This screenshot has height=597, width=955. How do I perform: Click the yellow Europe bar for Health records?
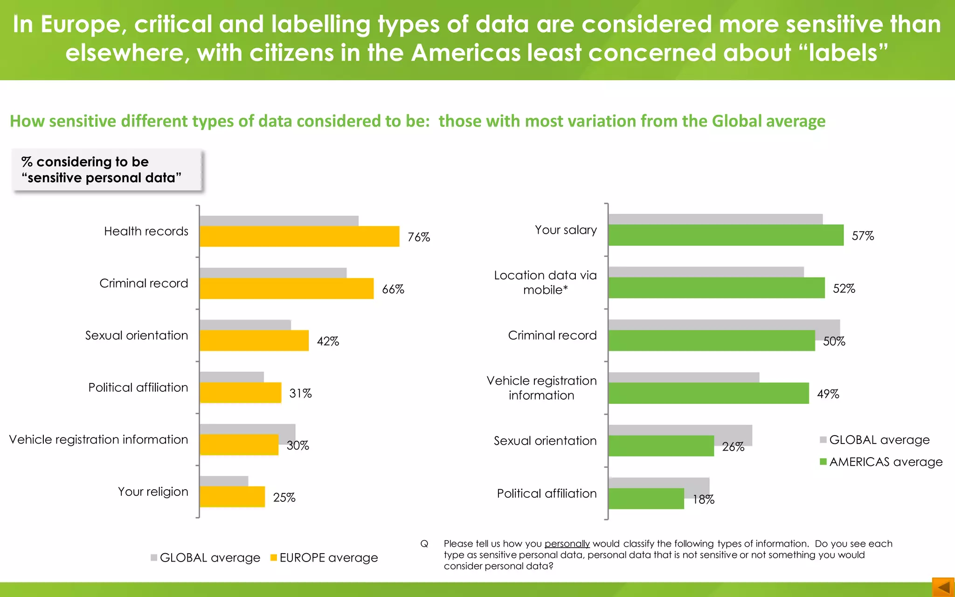pyautogui.click(x=299, y=236)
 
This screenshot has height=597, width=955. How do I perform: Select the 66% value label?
pyautogui.click(x=393, y=290)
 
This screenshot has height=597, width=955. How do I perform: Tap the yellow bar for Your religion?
pyautogui.click(x=232, y=497)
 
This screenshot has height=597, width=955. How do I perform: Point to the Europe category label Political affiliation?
pyautogui.click(x=138, y=388)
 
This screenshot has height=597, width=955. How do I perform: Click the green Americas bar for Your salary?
pyautogui.click(x=726, y=235)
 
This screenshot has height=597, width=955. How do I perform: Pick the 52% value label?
pyautogui.click(x=844, y=289)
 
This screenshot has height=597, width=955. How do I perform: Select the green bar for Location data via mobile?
pyautogui.click(x=716, y=288)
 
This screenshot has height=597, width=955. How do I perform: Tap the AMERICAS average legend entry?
pyautogui.click(x=881, y=462)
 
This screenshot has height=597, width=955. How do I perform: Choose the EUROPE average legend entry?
pyautogui.click(x=324, y=558)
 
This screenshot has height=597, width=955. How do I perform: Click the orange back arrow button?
pyautogui.click(x=943, y=587)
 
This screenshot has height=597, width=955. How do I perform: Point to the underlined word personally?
pyautogui.click(x=567, y=544)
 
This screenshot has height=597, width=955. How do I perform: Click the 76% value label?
pyautogui.click(x=419, y=237)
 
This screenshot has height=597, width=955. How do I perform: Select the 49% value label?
pyautogui.click(x=828, y=394)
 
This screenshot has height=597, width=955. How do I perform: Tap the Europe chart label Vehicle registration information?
pyautogui.click(x=98, y=440)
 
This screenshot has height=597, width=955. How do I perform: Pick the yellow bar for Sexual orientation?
pyautogui.click(x=254, y=340)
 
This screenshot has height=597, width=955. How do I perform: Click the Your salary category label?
pyautogui.click(x=566, y=230)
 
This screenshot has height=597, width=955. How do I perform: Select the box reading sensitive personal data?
pyautogui.click(x=107, y=170)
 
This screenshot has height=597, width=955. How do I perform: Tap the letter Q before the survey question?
pyautogui.click(x=424, y=544)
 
